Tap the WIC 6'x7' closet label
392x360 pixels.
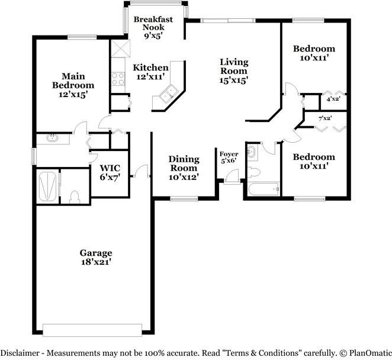pos(110,172)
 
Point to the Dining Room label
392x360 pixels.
pos(183,168)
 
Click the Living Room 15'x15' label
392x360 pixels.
pos(234,70)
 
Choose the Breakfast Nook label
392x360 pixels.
pos(153,27)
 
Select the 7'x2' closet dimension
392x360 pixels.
pos(324,118)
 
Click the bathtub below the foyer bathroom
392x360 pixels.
pos(262,189)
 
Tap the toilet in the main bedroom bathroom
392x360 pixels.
pos(75,196)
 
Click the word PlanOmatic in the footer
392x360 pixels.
pos(367,352)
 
